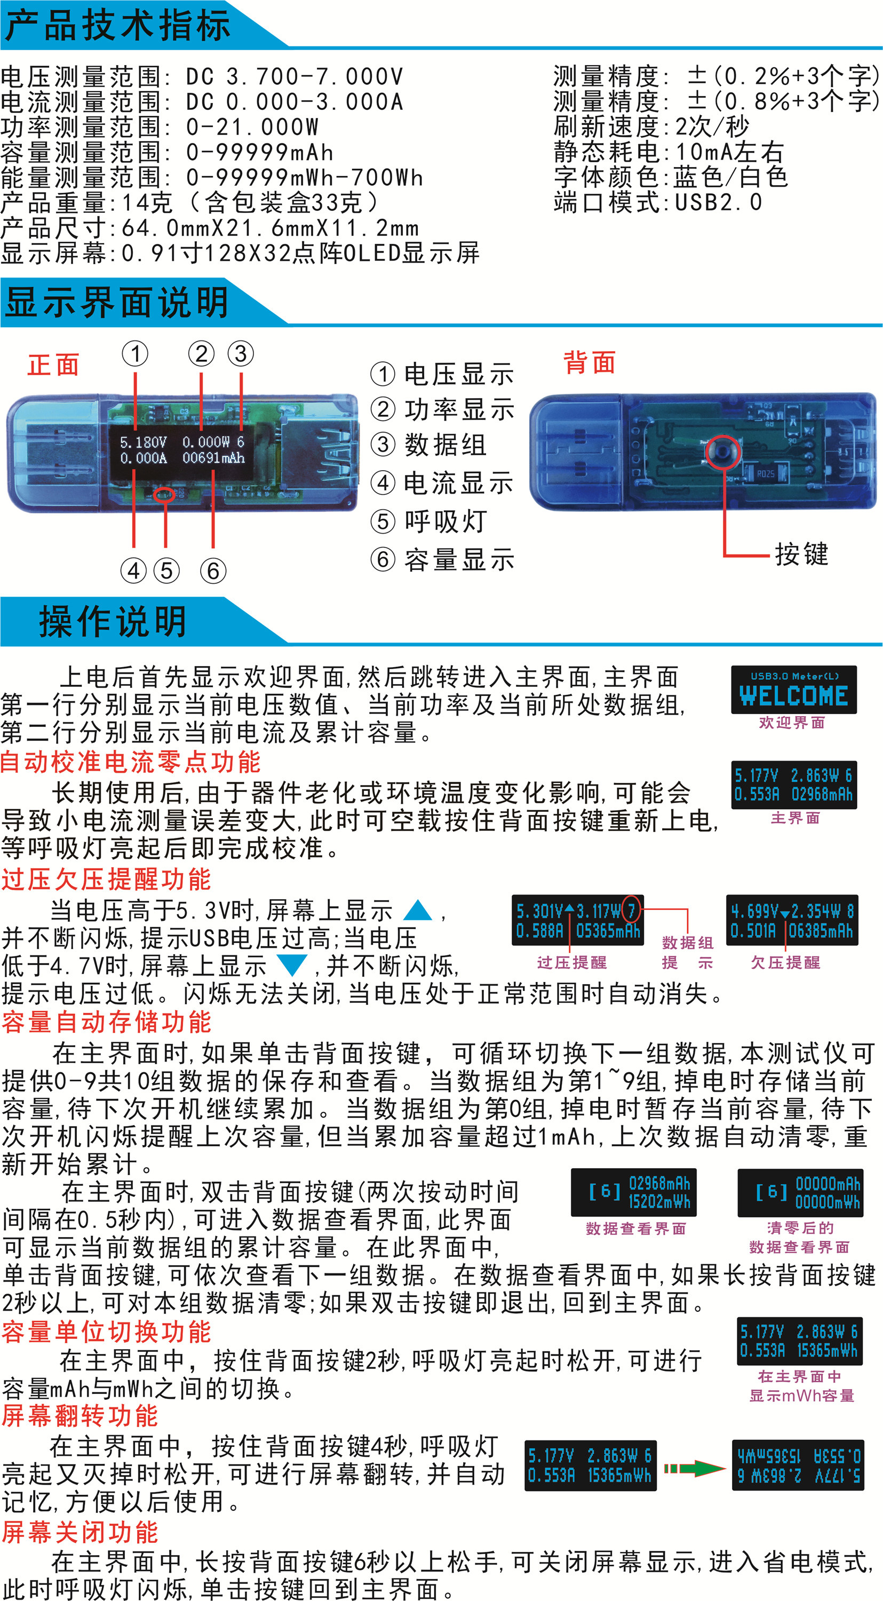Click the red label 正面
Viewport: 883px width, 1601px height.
[53, 365]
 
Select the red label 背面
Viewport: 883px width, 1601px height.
[589, 362]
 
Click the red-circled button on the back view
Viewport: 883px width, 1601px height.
[723, 451]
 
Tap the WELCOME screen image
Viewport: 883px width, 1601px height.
[793, 690]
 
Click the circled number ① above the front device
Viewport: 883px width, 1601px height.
[135, 354]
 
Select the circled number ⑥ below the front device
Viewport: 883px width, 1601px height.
[213, 570]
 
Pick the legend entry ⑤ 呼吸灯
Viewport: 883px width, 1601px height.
[429, 521]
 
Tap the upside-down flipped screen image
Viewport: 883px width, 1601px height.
[798, 1465]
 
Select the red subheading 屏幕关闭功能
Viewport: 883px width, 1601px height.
[80, 1532]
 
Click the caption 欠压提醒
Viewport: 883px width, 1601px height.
[785, 963]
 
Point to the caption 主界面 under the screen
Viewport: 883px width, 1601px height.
[796, 818]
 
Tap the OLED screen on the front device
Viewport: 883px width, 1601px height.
[181, 450]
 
